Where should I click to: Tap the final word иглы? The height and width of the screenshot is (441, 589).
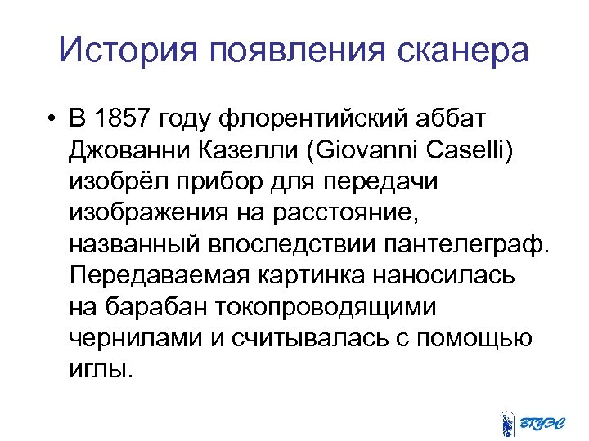100,369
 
